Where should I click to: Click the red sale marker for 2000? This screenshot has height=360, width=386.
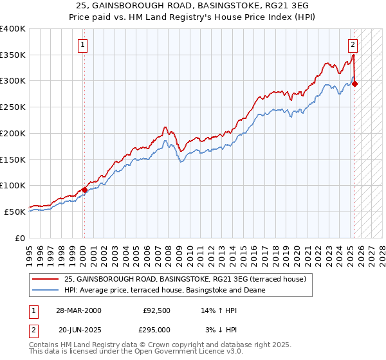[x=84, y=190]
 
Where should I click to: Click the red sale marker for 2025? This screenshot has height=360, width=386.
[x=355, y=84]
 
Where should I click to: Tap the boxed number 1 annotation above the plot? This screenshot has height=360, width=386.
[x=84, y=44]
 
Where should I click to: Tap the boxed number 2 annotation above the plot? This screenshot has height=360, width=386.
[x=353, y=44]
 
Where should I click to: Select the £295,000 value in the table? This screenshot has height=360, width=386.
[x=156, y=329]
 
